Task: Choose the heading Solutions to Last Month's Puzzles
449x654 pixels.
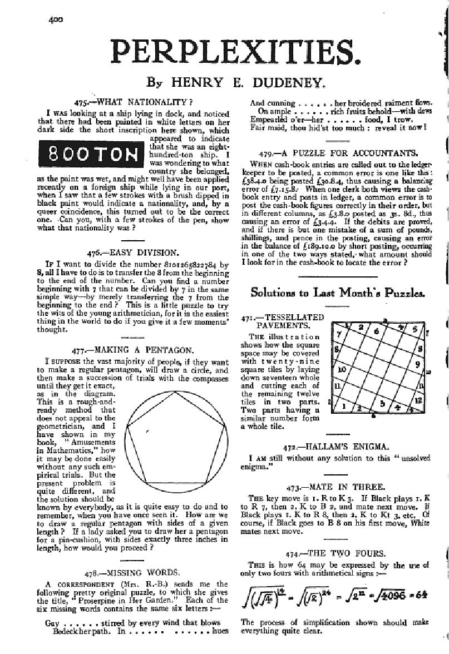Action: click(x=338, y=293)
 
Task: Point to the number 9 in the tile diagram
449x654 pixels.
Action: click(x=416, y=365)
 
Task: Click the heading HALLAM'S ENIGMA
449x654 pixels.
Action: click(x=342, y=447)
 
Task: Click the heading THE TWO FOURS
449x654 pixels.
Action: click(x=342, y=553)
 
